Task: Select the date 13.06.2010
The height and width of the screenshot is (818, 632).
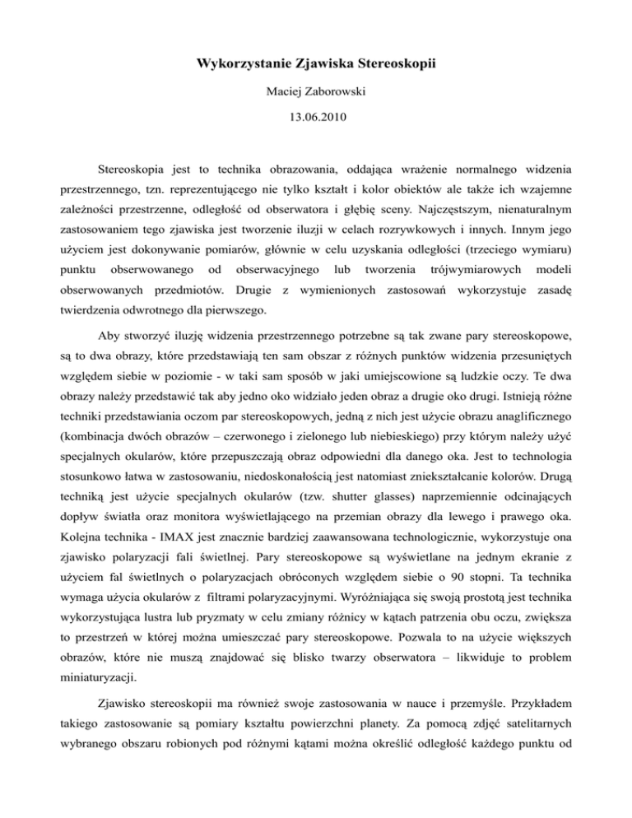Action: (315, 118)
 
